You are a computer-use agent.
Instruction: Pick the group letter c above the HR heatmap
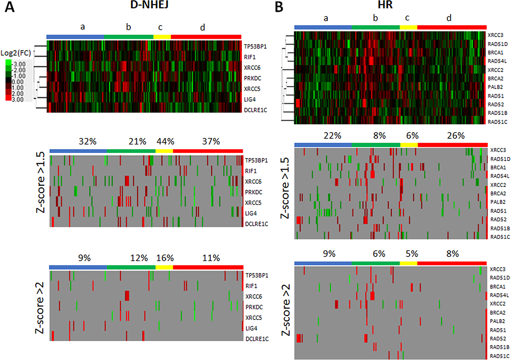[408, 18]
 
